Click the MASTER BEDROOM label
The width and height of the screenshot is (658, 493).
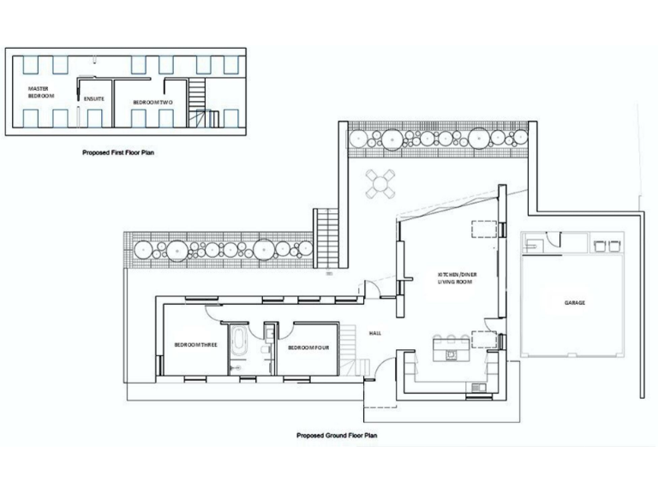pyautogui.click(x=39, y=92)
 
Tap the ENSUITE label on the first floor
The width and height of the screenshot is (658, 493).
pyautogui.click(x=94, y=99)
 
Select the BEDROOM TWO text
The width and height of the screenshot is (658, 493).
pyautogui.click(x=153, y=102)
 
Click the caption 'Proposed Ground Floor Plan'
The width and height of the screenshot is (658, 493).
pyautogui.click(x=337, y=435)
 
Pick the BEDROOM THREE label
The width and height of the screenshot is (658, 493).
pyautogui.click(x=195, y=346)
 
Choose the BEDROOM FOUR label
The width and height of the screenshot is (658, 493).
pyautogui.click(x=308, y=347)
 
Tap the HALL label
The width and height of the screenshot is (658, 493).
pyautogui.click(x=374, y=333)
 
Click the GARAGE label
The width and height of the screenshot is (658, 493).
pyautogui.click(x=574, y=303)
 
